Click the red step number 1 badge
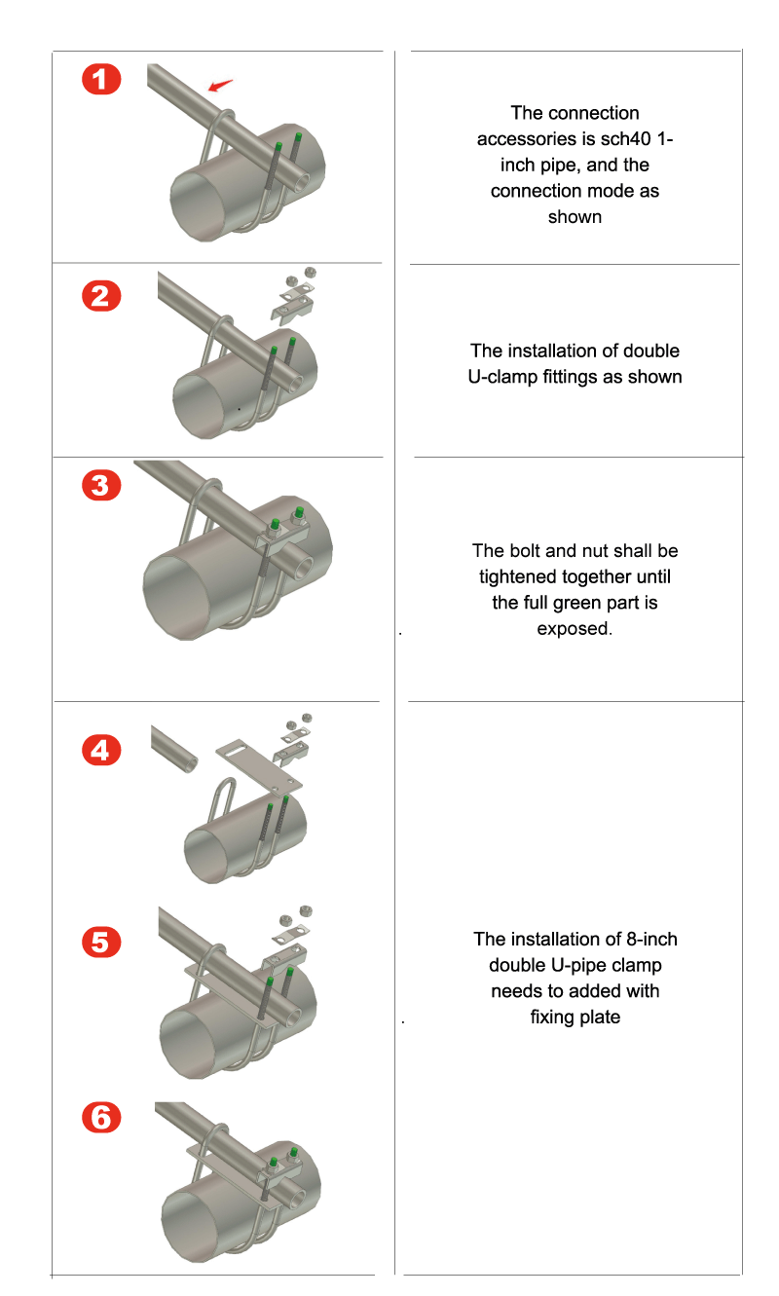[101, 79]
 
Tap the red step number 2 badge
[101, 296]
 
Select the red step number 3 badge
[101, 486]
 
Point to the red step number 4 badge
[101, 751]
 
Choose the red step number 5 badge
[101, 942]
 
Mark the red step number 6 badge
[101, 1117]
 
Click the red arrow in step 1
[220, 85]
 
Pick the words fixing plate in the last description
[575, 1018]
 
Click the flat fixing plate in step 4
[259, 766]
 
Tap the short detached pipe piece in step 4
[173, 749]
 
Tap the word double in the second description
[650, 351]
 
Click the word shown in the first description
[575, 217]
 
